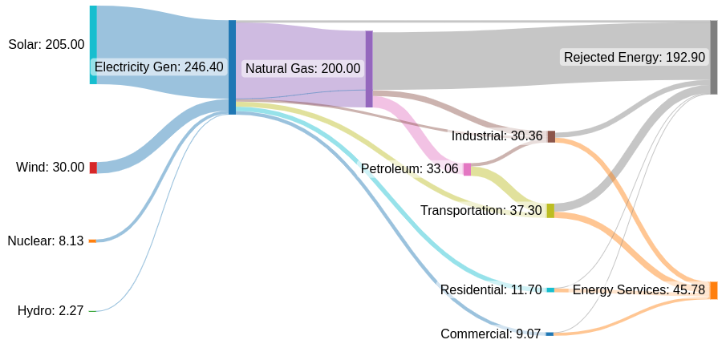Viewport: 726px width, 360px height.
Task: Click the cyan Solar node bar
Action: (x=93, y=45)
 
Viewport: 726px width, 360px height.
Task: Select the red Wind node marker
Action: (x=93, y=168)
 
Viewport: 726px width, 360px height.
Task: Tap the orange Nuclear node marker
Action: (x=92, y=241)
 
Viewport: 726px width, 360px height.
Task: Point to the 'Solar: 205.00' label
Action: (x=46, y=45)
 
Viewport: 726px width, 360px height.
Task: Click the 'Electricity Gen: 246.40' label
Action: (x=159, y=67)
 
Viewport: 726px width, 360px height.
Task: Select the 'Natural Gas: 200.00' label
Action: (x=302, y=69)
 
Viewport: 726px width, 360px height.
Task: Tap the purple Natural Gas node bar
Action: (x=369, y=69)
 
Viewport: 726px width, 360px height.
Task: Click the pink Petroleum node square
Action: (x=467, y=169)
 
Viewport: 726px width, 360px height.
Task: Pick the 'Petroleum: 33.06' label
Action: (x=409, y=169)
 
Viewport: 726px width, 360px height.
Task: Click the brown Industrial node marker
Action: (x=551, y=136)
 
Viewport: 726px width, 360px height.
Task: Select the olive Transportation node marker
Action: (x=550, y=211)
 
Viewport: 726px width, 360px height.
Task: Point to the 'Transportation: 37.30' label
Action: (x=481, y=211)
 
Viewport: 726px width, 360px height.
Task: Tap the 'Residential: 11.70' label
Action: (x=491, y=290)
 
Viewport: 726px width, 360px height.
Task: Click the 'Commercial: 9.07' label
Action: (x=491, y=334)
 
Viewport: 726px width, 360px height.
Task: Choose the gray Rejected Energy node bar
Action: (x=713, y=58)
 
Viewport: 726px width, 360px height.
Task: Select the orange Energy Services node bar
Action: (x=713, y=290)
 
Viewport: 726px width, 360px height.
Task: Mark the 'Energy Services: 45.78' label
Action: (x=639, y=290)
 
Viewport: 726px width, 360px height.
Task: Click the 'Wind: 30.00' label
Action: (x=50, y=168)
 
